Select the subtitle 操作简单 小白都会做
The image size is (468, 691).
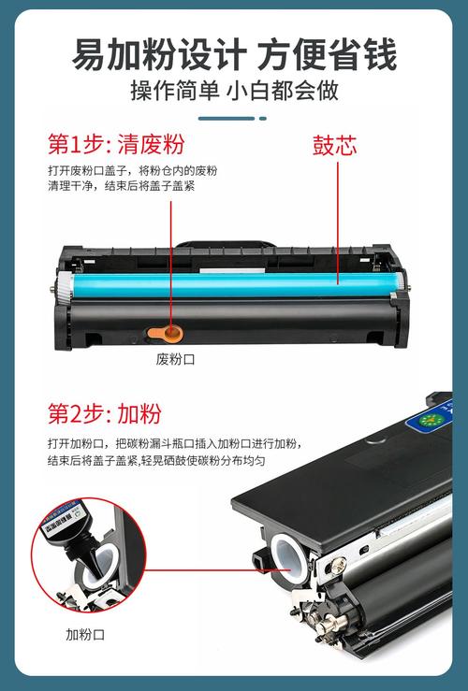point(234,92)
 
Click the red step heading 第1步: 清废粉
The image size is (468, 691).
point(116,145)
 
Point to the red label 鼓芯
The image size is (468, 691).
point(334,146)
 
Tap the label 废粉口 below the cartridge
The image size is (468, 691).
point(176,359)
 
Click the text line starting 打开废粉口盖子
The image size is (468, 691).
point(133,171)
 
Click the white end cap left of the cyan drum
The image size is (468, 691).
point(63,280)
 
